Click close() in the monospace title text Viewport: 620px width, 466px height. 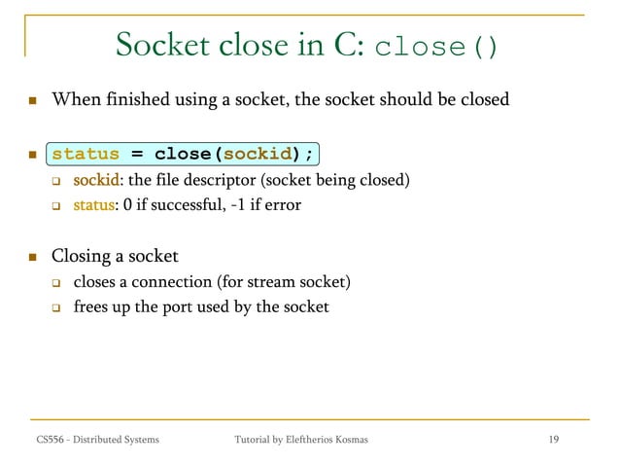[435, 47]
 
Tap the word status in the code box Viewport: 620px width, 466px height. [86, 154]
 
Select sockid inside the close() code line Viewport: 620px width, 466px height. [259, 154]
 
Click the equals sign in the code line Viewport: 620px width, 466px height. [137, 154]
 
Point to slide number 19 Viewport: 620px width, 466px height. [553, 441]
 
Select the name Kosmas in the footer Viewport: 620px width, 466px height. [348, 441]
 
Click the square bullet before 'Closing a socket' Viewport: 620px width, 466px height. [32, 258]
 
